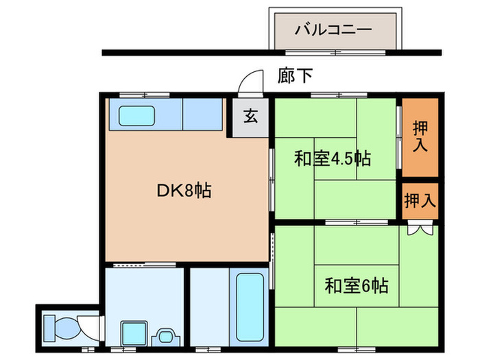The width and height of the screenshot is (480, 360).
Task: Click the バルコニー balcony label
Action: click(333, 30)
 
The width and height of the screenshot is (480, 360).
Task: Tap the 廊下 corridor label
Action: click(296, 75)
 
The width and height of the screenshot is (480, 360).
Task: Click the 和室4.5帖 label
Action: click(333, 160)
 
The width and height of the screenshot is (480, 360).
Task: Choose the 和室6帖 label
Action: click(356, 284)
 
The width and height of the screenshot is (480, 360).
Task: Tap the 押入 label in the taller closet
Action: click(420, 136)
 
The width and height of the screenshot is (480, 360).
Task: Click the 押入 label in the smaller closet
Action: click(420, 200)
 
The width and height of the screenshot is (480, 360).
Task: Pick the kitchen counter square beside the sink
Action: click(202, 116)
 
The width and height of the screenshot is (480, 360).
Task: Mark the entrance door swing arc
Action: click(250, 82)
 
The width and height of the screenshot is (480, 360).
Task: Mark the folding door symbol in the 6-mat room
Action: click(420, 228)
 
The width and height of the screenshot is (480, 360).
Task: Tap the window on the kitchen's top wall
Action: click(144, 95)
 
